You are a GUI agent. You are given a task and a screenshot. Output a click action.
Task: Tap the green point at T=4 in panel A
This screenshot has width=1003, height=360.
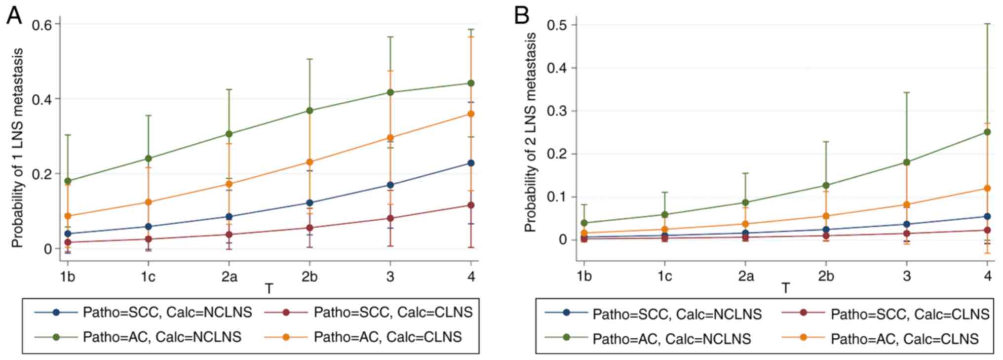click(x=471, y=83)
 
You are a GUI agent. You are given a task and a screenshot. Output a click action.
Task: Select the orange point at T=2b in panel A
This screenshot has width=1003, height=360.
click(x=309, y=162)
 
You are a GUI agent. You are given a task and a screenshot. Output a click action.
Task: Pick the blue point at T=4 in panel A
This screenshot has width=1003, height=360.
click(x=471, y=163)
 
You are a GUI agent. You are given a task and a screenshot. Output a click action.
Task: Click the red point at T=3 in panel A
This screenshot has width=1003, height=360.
click(x=390, y=218)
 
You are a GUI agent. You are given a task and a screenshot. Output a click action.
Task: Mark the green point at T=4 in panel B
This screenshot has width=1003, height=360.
click(x=987, y=132)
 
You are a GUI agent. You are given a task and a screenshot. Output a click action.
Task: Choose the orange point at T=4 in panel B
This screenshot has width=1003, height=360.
click(x=987, y=188)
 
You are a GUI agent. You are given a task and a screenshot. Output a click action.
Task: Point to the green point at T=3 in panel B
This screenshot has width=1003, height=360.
click(x=907, y=162)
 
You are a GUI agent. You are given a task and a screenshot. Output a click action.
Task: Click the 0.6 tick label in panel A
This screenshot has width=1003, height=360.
click(x=42, y=24)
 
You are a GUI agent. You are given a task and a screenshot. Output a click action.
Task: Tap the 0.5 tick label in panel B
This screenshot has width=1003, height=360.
click(x=557, y=25)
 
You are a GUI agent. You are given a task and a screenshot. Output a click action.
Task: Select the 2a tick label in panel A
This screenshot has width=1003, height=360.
click(x=229, y=277)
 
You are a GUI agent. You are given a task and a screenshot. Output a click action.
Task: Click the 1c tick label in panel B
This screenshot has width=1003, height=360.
click(x=664, y=276)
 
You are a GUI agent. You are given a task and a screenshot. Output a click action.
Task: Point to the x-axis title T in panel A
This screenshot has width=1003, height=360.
click(x=269, y=288)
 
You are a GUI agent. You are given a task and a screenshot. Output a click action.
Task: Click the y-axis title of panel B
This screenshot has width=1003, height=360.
click(x=531, y=132)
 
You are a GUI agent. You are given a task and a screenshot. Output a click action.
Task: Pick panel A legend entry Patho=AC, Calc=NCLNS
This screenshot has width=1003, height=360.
click(x=162, y=337)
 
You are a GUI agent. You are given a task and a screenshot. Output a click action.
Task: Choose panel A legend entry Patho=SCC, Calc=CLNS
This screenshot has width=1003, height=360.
click(x=393, y=312)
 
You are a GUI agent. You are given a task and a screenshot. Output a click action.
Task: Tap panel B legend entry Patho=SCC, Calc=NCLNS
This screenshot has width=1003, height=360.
click(x=677, y=314)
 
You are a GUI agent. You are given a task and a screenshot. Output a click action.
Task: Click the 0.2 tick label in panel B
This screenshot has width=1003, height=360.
click(x=557, y=154)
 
